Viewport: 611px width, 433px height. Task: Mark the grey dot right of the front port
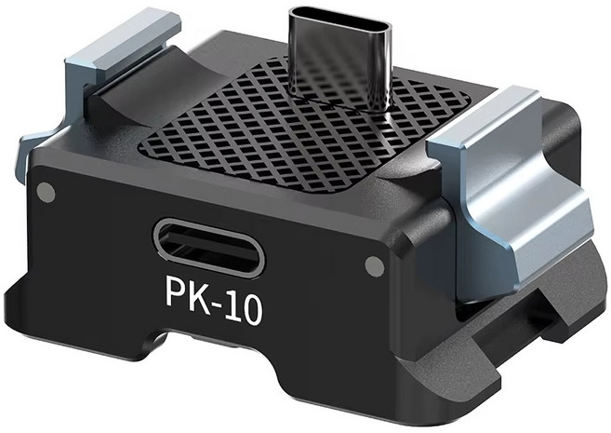(372, 266)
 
